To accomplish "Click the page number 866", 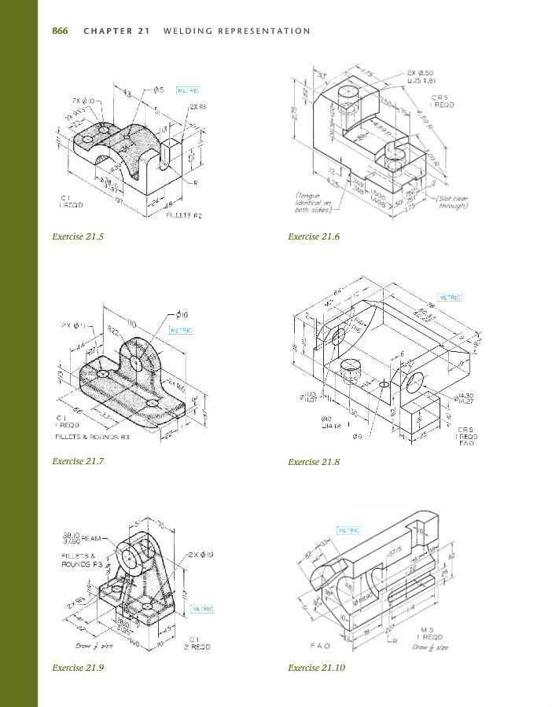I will pyautogui.click(x=60, y=31).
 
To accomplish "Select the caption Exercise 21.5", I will pyautogui.click(x=78, y=236).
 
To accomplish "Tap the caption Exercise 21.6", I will pyautogui.click(x=314, y=236).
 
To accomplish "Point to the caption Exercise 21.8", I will pyautogui.click(x=314, y=462).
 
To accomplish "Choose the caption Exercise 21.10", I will pyautogui.click(x=316, y=668).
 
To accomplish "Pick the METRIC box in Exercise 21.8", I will pyautogui.click(x=450, y=298).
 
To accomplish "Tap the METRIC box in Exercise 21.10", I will pyautogui.click(x=350, y=530).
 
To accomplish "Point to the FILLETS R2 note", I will pyautogui.click(x=185, y=215).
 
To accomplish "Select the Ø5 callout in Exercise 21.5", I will pyautogui.click(x=159, y=90).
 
